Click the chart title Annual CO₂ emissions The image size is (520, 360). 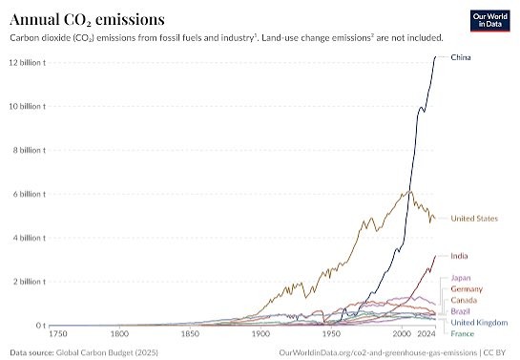click(87, 20)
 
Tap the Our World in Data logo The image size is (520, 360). click(489, 21)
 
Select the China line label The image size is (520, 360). click(461, 57)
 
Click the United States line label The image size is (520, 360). click(474, 219)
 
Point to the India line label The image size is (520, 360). click(459, 256)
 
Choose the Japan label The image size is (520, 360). click(461, 278)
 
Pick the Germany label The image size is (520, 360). click(467, 289)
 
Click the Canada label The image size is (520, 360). click(464, 300)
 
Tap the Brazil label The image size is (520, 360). click(460, 311)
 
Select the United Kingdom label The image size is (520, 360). click(479, 323)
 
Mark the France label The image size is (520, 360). click(463, 334)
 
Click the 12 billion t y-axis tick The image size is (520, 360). click(28, 62)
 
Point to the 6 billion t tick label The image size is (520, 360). click(30, 194)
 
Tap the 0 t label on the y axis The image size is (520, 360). click(40, 326)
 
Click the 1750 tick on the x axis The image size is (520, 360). click(58, 333)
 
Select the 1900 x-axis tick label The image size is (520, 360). click(261, 333)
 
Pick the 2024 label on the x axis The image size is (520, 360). click(426, 333)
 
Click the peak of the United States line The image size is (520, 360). click(410, 191)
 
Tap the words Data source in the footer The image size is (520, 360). click(31, 352)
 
